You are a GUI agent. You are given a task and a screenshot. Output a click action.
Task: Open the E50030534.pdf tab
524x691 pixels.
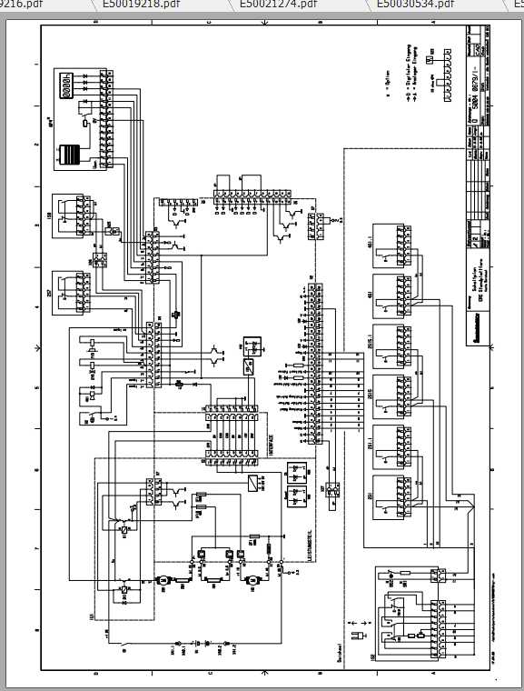coord(417,5)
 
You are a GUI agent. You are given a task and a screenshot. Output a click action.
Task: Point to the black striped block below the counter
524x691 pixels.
coord(69,155)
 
